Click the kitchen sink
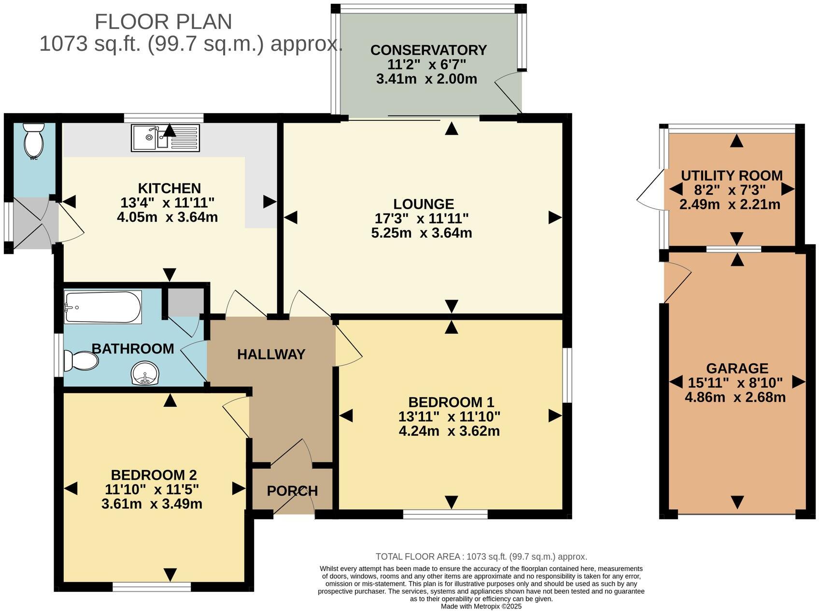pyautogui.click(x=165, y=138)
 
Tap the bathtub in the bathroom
pyautogui.click(x=103, y=307)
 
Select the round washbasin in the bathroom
pyautogui.click(x=145, y=374)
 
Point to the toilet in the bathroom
pyautogui.click(x=81, y=360)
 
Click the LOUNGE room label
pyautogui.click(x=424, y=204)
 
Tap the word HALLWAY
pyautogui.click(x=271, y=355)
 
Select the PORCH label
pyautogui.click(x=292, y=491)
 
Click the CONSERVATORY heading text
pyautogui.click(x=428, y=50)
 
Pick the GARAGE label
pyautogui.click(x=737, y=369)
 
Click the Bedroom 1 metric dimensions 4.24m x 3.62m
pyautogui.click(x=449, y=431)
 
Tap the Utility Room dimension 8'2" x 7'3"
pyautogui.click(x=730, y=190)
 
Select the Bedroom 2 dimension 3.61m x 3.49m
pyautogui.click(x=152, y=504)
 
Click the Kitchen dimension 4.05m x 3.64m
pyautogui.click(x=168, y=217)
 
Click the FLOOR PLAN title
pyautogui.click(x=163, y=22)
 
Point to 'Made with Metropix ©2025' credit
pyautogui.click(x=481, y=606)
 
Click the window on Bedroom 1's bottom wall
pyautogui.click(x=445, y=514)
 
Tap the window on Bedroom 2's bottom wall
pyautogui.click(x=152, y=587)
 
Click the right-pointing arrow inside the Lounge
pyautogui.click(x=555, y=218)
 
